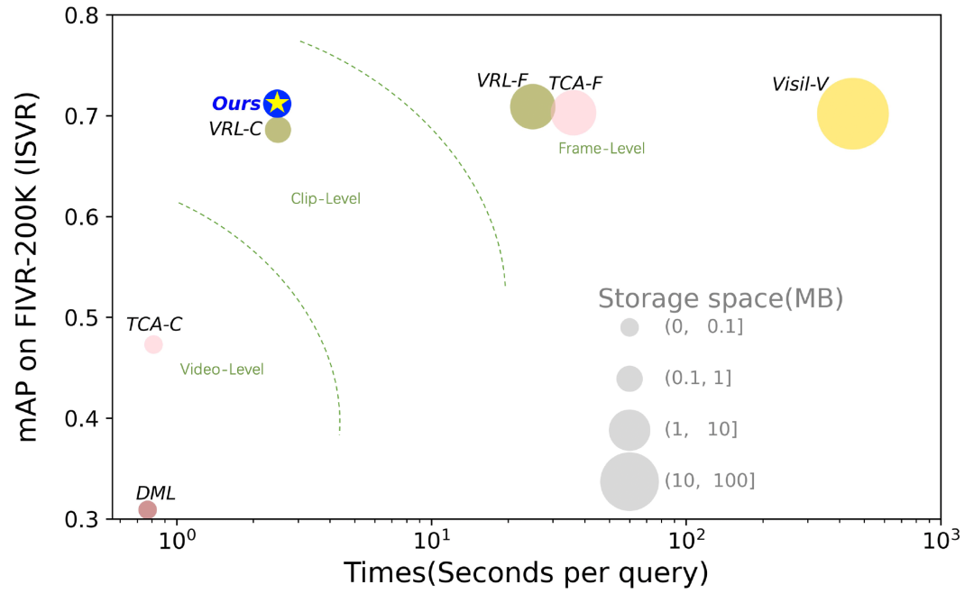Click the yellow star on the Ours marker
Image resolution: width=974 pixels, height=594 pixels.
tap(278, 103)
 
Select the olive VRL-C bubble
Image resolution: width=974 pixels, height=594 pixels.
tap(279, 130)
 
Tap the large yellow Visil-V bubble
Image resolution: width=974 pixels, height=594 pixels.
tap(852, 114)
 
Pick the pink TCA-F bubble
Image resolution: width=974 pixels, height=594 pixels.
tap(574, 113)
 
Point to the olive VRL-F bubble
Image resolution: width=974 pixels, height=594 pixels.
tap(532, 107)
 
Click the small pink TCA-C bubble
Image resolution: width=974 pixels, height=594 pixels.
tap(153, 344)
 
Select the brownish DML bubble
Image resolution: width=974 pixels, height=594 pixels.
tap(147, 510)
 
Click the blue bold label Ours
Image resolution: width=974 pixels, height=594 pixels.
tap(236, 104)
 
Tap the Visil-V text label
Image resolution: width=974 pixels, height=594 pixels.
tap(800, 85)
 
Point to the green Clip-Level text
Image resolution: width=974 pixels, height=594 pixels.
tap(326, 198)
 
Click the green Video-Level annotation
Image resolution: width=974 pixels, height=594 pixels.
tap(222, 369)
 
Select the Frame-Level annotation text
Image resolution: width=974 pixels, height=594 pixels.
tap(602, 148)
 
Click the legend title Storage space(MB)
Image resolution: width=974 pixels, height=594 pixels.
tap(721, 298)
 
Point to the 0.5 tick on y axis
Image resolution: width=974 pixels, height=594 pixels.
tap(89, 318)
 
